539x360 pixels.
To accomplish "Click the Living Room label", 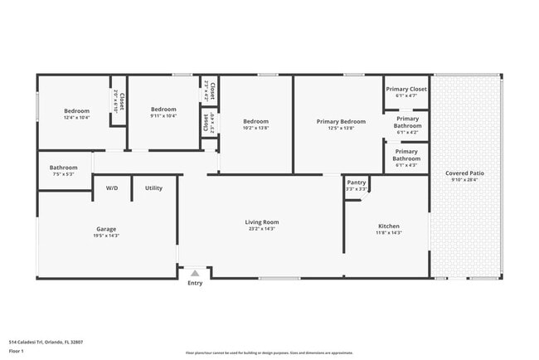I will (x=261, y=221).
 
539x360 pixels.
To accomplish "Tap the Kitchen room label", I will (x=389, y=226).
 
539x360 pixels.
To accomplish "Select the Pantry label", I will (x=357, y=182).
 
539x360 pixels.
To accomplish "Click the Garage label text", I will (x=106, y=229).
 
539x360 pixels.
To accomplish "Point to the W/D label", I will (x=112, y=188).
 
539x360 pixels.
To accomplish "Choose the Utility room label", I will (x=153, y=188).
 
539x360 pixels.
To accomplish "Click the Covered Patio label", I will (x=467, y=173).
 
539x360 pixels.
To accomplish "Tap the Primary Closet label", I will (x=406, y=89).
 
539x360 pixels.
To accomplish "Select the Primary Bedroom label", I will (x=340, y=121).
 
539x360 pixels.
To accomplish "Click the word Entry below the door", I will (x=195, y=284).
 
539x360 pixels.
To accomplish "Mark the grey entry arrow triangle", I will (x=195, y=273).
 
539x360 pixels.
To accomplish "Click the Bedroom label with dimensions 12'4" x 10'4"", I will (x=77, y=110).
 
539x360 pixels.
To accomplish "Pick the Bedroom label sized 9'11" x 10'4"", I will (x=163, y=109).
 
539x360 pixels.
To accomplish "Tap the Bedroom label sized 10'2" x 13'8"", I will (x=255, y=121).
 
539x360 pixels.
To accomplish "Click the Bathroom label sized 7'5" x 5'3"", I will (x=63, y=168).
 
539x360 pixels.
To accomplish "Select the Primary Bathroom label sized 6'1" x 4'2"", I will (x=407, y=122).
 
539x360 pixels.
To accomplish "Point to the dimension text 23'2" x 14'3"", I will (x=261, y=229).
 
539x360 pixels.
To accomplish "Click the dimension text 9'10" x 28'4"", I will (x=467, y=180).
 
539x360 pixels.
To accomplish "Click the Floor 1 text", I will (x=17, y=351).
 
